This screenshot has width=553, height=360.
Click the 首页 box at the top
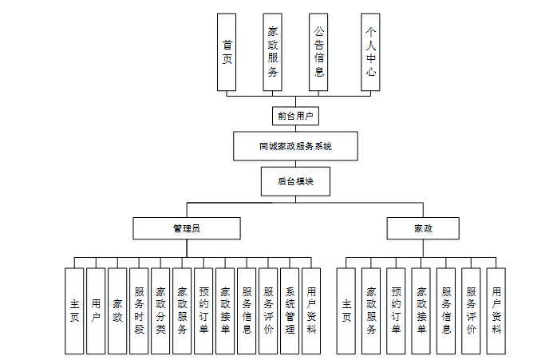click(227, 52)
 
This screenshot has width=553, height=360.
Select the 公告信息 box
click(318, 52)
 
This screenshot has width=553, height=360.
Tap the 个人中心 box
click(370, 52)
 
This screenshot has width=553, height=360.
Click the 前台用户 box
click(295, 116)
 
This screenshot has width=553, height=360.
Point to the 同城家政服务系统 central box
click(295, 146)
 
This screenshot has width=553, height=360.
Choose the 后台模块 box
click(295, 181)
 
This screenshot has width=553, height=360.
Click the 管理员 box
click(186, 228)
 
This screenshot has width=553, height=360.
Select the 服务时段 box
click(139, 311)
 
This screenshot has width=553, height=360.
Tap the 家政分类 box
click(160, 311)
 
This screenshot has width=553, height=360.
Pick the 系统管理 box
click(290, 311)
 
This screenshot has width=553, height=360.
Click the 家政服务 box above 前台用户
click(273, 52)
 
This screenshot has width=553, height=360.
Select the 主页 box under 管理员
click(74, 311)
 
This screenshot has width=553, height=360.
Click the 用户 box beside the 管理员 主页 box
click(96, 311)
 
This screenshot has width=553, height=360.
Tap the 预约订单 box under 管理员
click(203, 311)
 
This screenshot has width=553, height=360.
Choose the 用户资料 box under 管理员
click(311, 311)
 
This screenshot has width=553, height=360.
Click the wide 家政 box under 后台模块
click(423, 228)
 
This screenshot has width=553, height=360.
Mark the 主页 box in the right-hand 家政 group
click(346, 311)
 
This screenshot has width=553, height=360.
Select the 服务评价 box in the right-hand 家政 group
click(471, 311)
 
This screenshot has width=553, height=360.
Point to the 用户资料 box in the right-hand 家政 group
click(496, 311)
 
